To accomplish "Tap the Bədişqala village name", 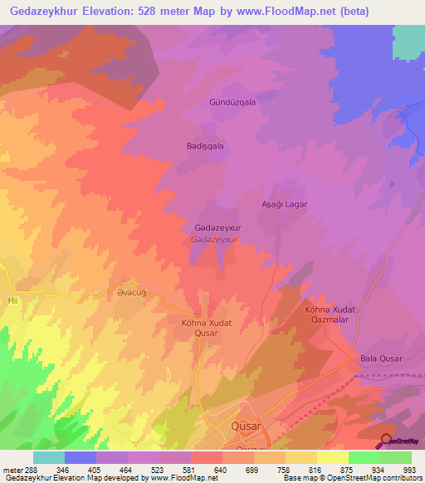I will tap(204, 145).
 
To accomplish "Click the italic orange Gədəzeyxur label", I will tap(214, 239).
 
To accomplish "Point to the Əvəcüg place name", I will tap(132, 293).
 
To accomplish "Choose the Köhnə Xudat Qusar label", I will tap(199, 327).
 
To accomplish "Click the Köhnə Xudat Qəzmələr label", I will tap(330, 315).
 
